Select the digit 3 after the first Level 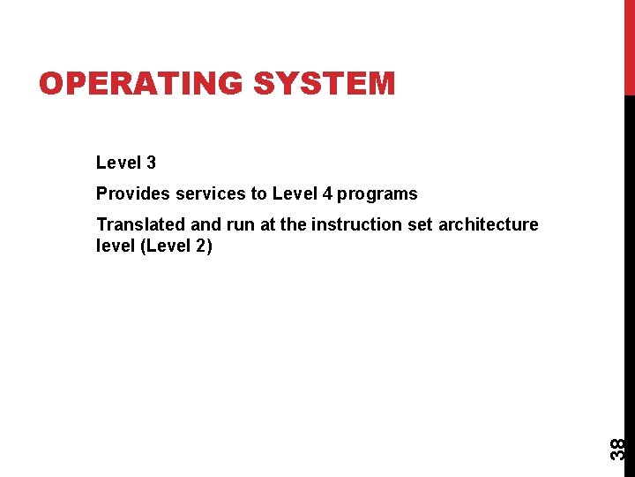[x=152, y=163]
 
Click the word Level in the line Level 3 [x=118, y=163]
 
